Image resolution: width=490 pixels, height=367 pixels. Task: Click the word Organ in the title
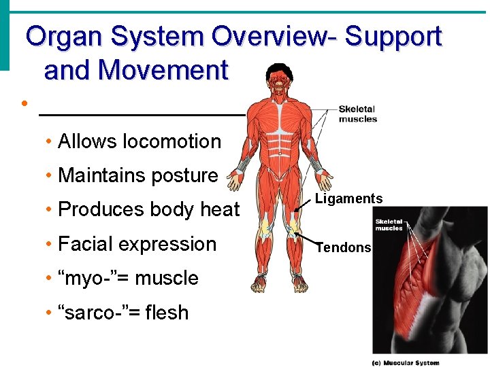[x=59, y=36]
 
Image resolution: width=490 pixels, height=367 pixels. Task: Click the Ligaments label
[x=348, y=198]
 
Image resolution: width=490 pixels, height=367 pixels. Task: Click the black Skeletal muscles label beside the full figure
[x=357, y=113]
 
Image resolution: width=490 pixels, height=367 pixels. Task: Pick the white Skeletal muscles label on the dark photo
[x=389, y=224]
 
